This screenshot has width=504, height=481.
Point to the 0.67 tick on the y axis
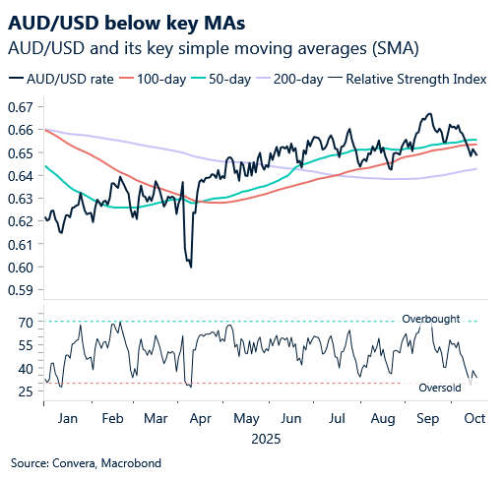(x=22, y=106)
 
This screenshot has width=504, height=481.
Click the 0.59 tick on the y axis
(x=22, y=290)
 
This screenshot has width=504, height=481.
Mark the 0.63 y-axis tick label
(x=22, y=198)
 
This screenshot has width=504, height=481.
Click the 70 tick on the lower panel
(x=27, y=322)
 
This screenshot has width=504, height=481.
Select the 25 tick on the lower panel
(x=27, y=391)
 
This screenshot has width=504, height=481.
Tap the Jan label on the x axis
(x=68, y=417)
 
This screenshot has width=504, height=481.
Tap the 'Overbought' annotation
(x=429, y=319)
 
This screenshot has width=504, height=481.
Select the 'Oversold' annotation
(x=438, y=389)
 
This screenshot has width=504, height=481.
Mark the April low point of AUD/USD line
(x=190, y=267)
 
